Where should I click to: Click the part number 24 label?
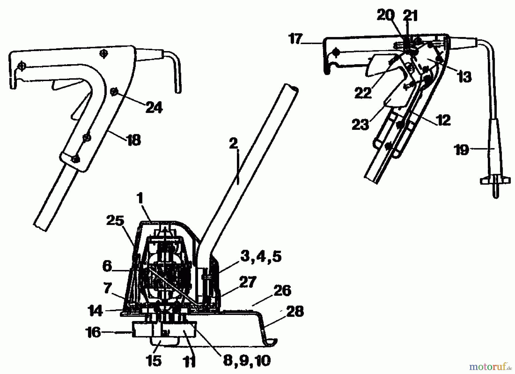154,108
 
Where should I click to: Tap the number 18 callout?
134,140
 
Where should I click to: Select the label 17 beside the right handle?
296,39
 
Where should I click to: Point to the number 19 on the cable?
462,150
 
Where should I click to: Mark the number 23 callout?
360,125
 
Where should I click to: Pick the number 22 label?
363,93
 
